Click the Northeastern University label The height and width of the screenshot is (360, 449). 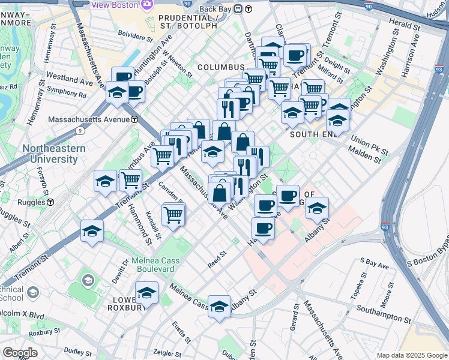click(x=50, y=154)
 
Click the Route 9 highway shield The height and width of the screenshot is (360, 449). click(x=80, y=130)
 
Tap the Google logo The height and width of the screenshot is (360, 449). click(x=20, y=353)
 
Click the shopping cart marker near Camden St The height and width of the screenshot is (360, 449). click(x=173, y=214)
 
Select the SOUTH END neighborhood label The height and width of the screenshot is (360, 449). click(x=311, y=134)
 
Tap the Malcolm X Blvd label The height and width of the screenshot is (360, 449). click(x=22, y=314)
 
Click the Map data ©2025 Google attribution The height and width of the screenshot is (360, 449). click(x=411, y=355)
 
